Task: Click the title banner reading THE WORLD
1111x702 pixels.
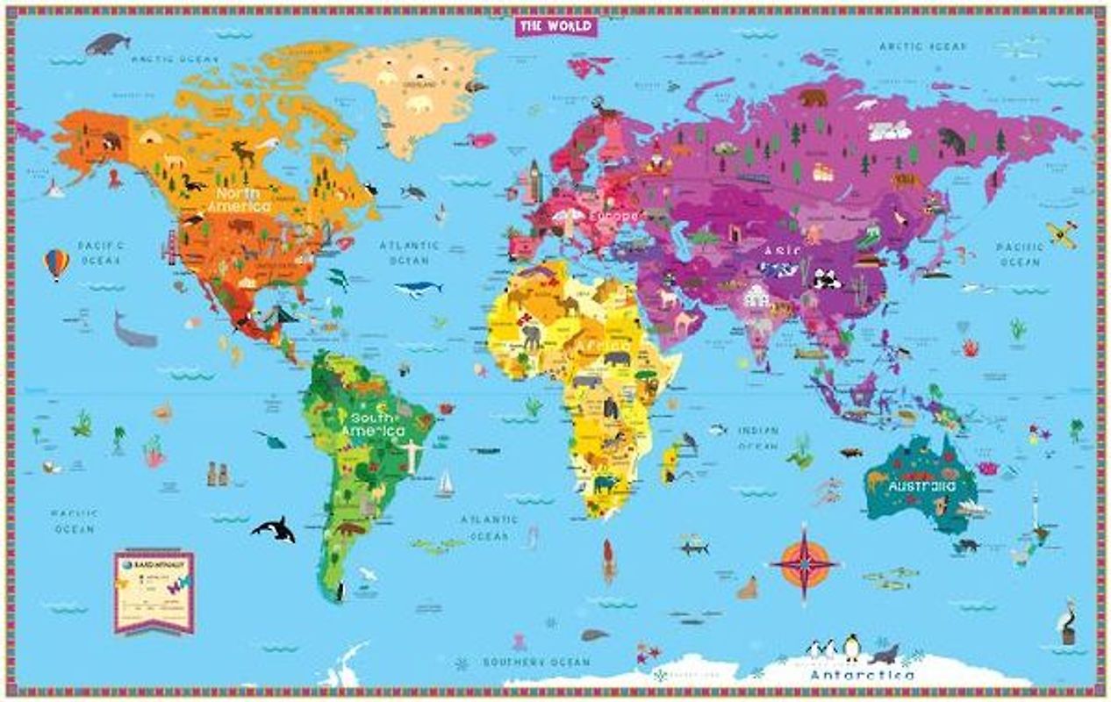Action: [x=555, y=26]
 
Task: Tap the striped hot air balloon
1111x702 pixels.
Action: [x=56, y=263]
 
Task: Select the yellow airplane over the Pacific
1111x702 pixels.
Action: [x=1061, y=234]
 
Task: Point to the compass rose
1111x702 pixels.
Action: [x=803, y=562]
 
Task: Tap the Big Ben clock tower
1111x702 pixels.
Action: [x=534, y=181]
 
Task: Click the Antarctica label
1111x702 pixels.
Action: [x=861, y=676]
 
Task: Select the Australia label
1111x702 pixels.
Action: [x=921, y=485]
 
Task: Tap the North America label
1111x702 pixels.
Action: [x=239, y=199]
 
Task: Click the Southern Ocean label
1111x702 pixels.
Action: [x=536, y=662]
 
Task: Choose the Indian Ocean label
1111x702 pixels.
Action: [x=757, y=438]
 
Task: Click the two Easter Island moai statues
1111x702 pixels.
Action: [x=217, y=473]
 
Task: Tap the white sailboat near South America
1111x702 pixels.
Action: [x=446, y=484]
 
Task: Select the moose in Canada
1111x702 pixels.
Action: [x=243, y=154]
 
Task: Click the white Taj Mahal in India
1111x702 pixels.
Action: [x=756, y=297]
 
